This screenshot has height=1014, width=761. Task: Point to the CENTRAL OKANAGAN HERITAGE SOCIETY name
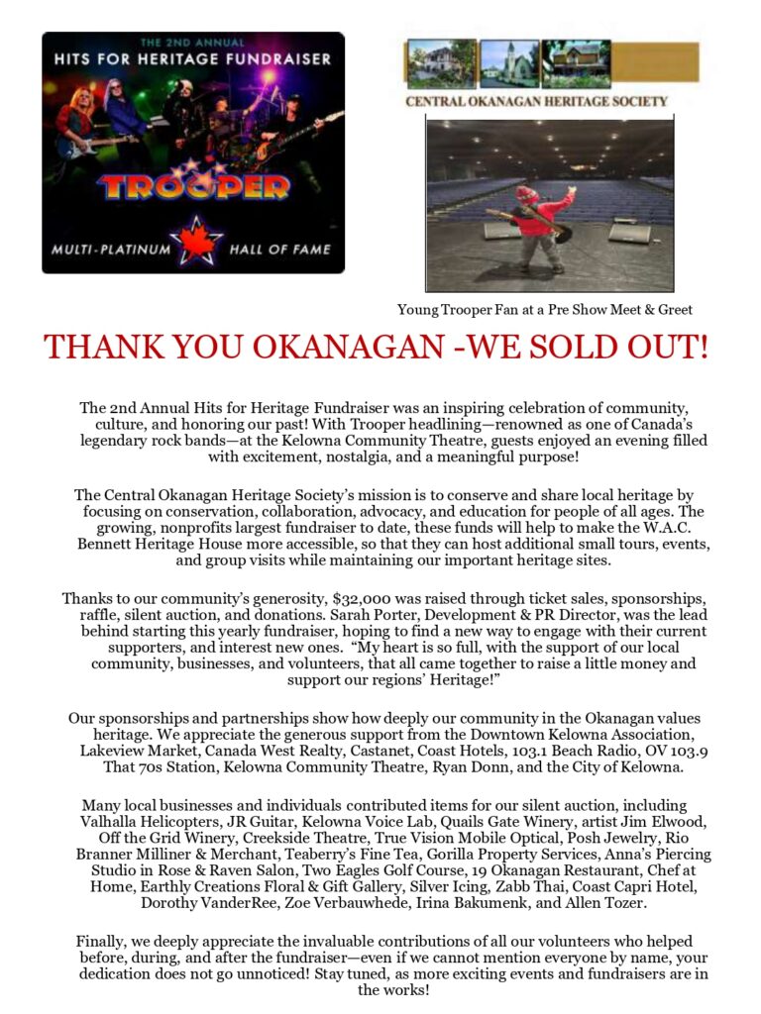coord(536,101)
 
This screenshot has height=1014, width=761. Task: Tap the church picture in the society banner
coord(509,64)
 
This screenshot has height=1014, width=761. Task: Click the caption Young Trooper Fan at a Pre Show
coord(544,310)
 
